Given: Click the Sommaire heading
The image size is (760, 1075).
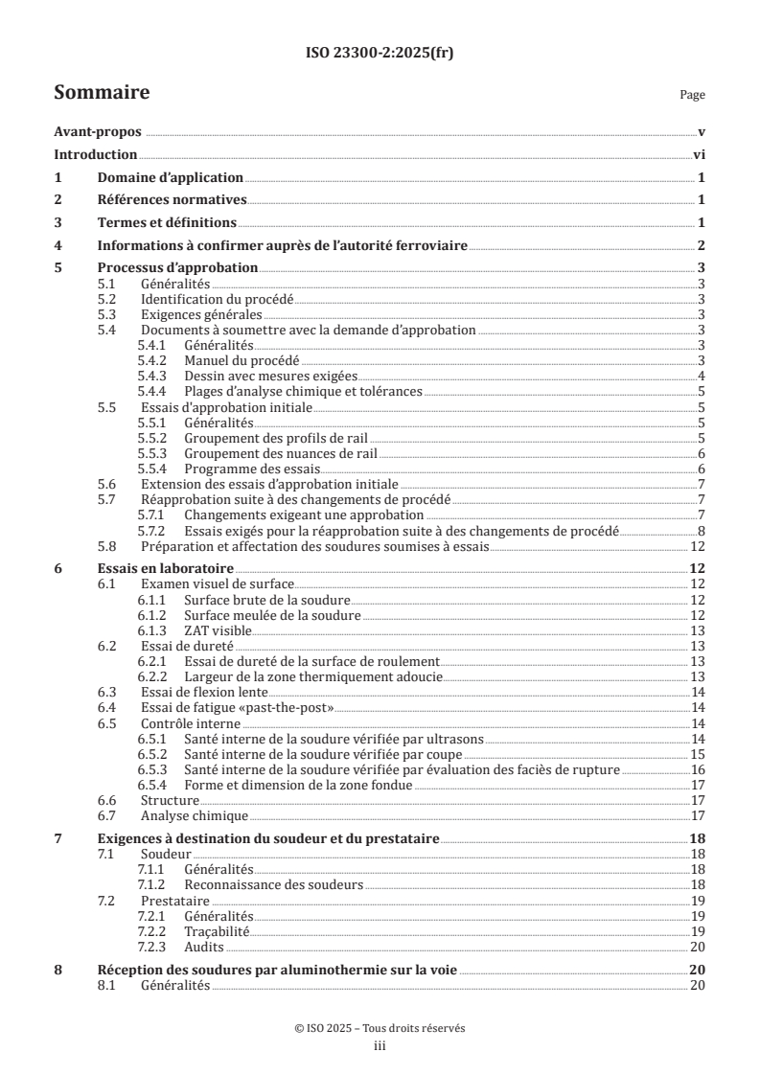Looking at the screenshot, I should coord(101,93).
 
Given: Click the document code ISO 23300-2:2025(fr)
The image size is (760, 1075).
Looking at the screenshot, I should coord(380,53).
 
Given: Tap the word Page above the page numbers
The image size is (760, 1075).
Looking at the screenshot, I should coord(692,95).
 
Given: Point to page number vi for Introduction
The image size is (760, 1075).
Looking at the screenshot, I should coord(700,154).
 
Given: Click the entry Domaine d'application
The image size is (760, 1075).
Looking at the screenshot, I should coord(171,177).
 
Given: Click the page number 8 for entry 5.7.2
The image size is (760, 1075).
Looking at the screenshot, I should coord(702,532).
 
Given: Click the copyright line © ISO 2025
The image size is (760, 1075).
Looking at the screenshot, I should coord(380,1028).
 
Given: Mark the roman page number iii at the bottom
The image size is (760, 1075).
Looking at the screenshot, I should coord(380,1046).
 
